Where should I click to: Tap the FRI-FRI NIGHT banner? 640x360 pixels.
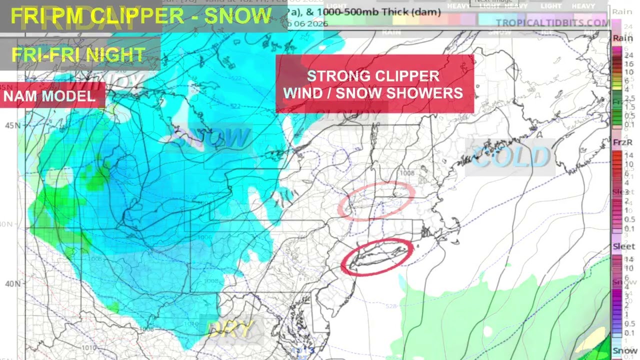[x=78, y=54]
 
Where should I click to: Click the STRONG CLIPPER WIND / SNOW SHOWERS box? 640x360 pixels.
[x=374, y=84]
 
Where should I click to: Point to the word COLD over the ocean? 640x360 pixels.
[x=510, y=157]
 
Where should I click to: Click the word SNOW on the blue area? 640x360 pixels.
[x=210, y=137]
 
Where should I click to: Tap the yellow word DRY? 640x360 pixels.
[x=230, y=328]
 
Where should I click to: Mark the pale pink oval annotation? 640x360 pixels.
[x=376, y=201]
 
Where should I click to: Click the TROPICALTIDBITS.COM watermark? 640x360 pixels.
[x=552, y=23]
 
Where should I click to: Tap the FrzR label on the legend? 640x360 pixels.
[x=622, y=142]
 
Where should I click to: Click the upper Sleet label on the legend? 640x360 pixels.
[x=622, y=192]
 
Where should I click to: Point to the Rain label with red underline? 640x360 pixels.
[x=622, y=38]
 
